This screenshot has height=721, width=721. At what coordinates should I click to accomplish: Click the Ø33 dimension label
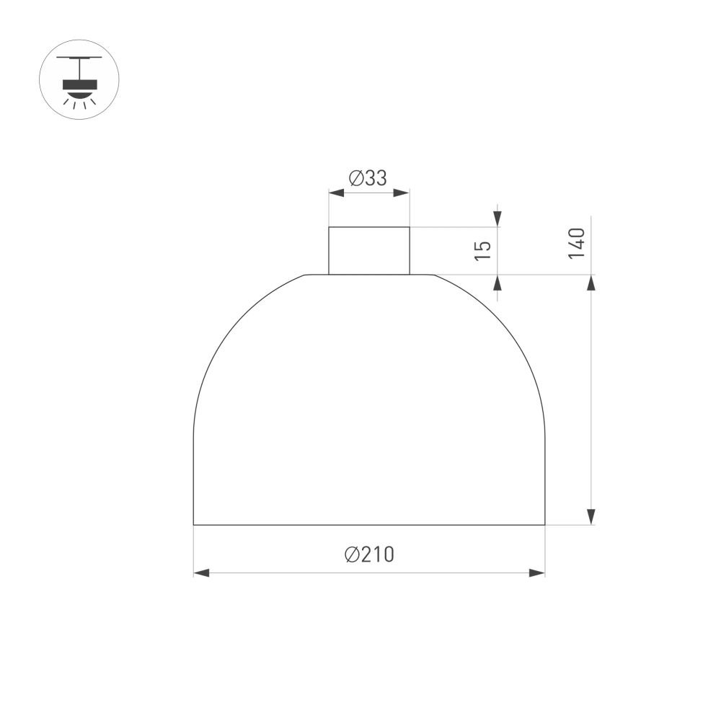368,178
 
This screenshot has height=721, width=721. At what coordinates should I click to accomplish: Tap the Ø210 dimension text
369,554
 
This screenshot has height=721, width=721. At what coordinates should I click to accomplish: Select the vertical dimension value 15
484,249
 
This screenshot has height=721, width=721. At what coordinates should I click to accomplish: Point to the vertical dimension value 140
576,243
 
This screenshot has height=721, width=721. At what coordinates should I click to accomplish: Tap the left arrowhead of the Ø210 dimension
201,572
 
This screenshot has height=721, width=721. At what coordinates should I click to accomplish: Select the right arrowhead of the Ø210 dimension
537,572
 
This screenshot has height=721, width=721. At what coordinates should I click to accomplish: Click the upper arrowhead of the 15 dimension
497,218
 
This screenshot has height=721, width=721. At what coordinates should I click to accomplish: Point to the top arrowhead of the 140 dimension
591,283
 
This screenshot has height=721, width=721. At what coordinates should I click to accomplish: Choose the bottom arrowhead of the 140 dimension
591,516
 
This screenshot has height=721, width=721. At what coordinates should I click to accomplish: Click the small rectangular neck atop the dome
369,251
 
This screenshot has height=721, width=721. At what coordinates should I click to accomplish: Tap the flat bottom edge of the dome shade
369,524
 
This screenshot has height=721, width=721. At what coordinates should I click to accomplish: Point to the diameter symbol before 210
352,554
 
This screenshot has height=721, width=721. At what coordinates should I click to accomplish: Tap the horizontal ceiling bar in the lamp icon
79,58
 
